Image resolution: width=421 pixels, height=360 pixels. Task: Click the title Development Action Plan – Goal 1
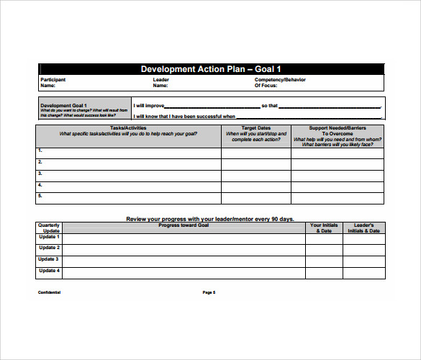tap(210, 69)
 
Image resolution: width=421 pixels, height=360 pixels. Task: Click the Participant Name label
tap(53, 82)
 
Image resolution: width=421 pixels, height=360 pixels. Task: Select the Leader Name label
tap(160, 82)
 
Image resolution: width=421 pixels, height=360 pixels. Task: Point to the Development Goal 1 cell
tap(83, 109)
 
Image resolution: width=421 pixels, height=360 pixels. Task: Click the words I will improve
tap(149, 105)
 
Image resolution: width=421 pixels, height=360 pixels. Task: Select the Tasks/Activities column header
tap(128, 131)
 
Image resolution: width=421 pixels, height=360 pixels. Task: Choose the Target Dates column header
tap(255, 133)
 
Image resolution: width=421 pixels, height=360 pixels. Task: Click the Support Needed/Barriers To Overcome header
tap(337, 136)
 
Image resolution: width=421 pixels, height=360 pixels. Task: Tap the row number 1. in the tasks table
tap(40, 150)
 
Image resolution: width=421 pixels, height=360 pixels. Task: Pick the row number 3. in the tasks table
tap(40, 174)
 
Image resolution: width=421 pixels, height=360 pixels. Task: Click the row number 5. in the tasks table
tap(40, 196)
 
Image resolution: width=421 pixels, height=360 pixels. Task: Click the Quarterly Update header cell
tap(49, 228)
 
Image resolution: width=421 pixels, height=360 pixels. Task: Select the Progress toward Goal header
tap(184, 225)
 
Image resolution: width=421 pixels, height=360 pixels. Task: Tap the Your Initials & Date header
tap(323, 228)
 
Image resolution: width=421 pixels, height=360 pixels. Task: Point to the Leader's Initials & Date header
tap(363, 228)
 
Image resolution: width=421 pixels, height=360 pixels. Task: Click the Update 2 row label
tap(49, 248)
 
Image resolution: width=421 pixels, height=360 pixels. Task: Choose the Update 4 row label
tap(49, 271)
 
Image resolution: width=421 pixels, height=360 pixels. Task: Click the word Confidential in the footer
tap(50, 292)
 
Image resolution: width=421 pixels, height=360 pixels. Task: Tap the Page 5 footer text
tap(209, 292)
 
